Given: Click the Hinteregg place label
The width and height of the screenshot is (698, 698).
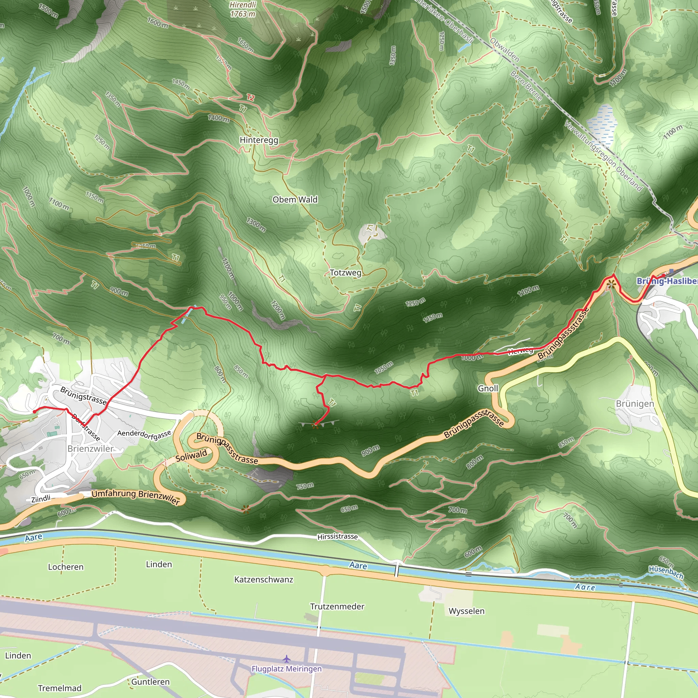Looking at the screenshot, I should [259, 140].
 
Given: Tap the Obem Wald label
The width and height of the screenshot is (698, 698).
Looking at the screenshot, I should [295, 199].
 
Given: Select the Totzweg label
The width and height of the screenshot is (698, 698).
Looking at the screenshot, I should [345, 273].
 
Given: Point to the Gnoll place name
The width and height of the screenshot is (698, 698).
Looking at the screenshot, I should [488, 389].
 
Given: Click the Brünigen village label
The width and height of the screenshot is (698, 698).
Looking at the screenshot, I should [635, 404].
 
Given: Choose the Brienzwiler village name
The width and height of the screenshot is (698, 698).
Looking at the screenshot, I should [90, 449].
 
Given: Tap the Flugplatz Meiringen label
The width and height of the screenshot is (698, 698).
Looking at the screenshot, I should [287, 669].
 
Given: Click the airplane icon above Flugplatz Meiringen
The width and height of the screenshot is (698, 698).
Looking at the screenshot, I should [287, 659].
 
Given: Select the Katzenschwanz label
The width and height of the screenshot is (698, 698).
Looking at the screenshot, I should [264, 579].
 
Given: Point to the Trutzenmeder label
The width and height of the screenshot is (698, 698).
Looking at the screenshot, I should [337, 607].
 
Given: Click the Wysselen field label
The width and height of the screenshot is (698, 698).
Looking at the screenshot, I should [467, 611].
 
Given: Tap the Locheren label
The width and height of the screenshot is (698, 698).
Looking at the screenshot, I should [66, 567].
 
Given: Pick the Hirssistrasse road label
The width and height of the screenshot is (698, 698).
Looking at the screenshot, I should [337, 537].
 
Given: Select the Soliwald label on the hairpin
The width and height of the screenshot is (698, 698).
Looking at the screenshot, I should [191, 456].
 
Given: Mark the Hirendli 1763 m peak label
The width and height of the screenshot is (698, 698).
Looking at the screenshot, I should [243, 10].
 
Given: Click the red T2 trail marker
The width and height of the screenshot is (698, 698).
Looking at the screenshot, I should [251, 97].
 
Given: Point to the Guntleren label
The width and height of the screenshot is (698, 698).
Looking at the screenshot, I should [150, 682].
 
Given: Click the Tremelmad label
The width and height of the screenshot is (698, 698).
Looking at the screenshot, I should [60, 688].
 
